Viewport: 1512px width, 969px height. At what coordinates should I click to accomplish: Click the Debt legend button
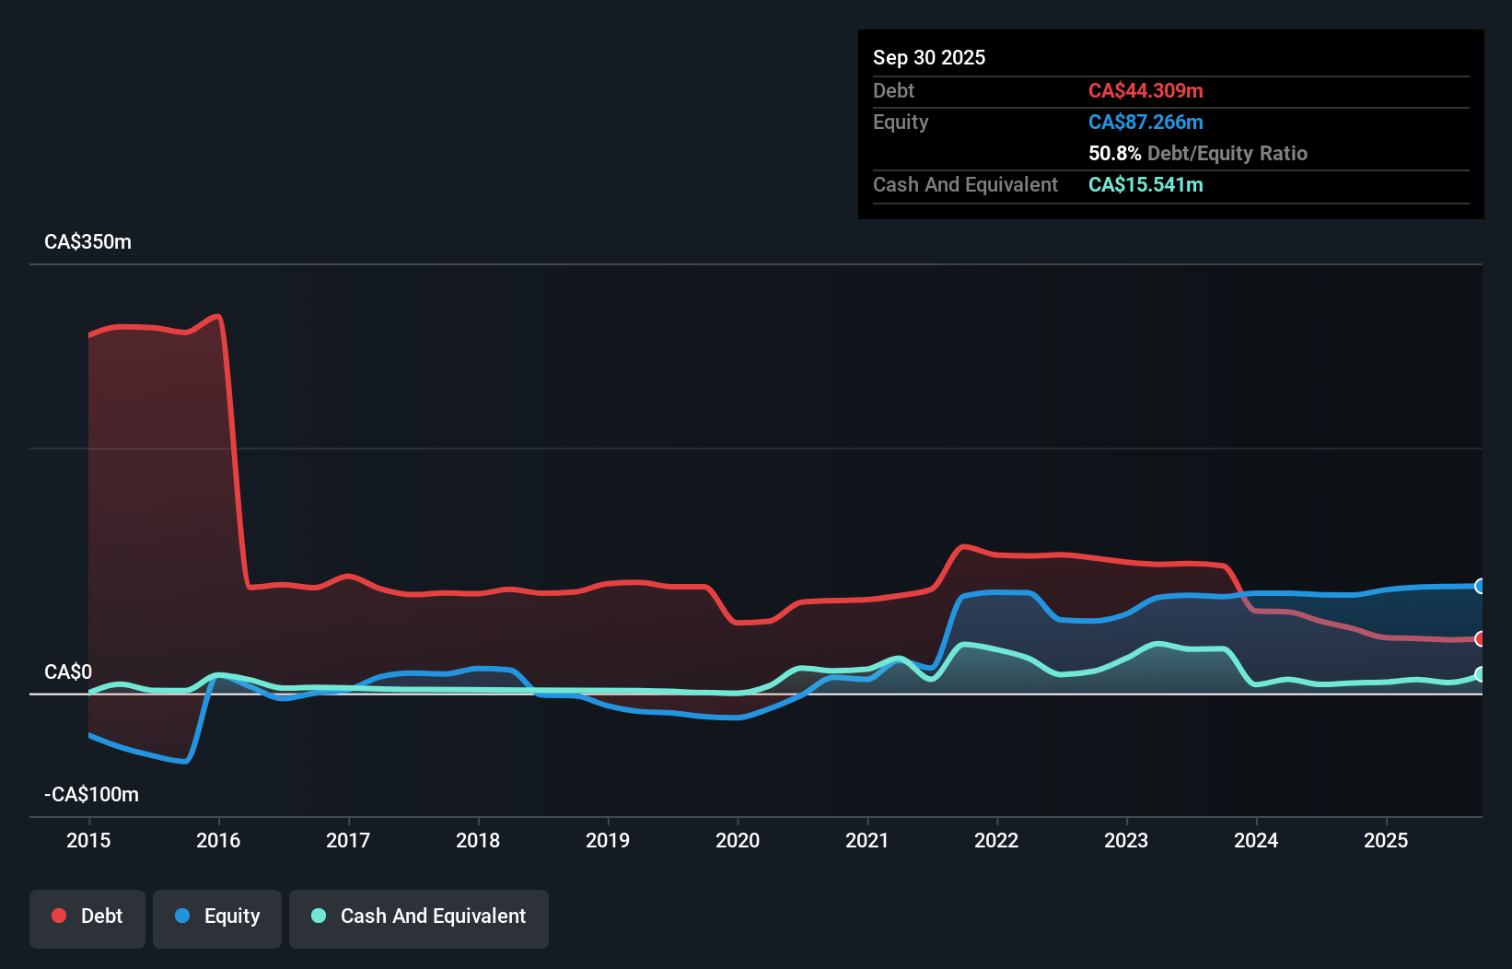87,916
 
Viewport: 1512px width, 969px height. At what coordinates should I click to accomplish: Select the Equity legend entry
217,916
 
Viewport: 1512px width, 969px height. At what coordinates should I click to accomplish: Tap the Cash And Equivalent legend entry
419,916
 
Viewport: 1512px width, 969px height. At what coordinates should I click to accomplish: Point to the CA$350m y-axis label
87,242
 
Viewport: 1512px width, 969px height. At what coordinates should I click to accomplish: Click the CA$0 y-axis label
68,672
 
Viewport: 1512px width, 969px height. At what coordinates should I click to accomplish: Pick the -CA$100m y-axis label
91,795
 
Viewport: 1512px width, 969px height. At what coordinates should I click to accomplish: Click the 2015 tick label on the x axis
88,840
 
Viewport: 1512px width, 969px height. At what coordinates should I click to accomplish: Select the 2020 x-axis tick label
738,840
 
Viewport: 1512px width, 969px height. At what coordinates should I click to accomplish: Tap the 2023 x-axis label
1126,840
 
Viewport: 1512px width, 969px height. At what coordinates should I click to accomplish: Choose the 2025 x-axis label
1386,840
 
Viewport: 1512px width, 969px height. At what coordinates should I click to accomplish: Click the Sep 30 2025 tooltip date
928,58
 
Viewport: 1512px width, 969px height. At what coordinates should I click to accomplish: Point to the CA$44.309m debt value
1146,91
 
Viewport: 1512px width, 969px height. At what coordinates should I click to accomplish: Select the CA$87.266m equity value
1146,123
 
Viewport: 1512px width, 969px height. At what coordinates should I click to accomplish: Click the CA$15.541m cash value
1146,185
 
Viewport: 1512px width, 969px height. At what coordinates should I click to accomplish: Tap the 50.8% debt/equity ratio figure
1114,154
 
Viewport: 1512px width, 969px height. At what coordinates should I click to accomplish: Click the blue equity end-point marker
1480,586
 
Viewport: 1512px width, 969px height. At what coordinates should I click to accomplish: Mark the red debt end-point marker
1480,638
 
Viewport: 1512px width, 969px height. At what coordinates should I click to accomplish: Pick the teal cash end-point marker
1480,674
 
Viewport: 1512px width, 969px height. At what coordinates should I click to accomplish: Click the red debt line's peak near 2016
217,317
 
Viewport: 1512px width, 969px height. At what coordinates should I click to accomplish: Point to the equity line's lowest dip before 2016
186,761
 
